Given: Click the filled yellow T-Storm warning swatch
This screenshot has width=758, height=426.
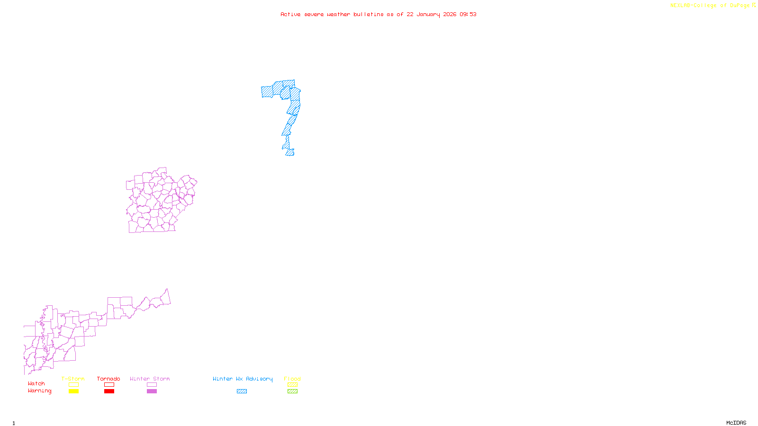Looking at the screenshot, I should [73, 391].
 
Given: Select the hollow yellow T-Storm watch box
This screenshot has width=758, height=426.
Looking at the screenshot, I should [73, 385].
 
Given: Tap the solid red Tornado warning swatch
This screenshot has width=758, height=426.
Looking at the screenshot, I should [109, 391].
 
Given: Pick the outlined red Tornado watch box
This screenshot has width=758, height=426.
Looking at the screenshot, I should [109, 385].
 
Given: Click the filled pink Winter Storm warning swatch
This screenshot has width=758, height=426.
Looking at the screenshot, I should [152, 391].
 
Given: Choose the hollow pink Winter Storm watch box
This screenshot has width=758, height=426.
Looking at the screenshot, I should [152, 385].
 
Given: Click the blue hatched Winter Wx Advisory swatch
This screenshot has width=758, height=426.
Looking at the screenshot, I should [242, 391].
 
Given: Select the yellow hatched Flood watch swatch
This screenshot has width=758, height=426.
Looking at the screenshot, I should [292, 385].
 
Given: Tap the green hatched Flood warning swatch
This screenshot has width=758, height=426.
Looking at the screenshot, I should [292, 391].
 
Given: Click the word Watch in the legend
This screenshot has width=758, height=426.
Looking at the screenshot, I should [36, 384].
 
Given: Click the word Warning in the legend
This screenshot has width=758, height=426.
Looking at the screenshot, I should [39, 391].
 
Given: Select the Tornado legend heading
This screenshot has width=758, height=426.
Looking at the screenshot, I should [108, 379].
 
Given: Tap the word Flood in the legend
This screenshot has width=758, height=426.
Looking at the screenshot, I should [292, 379].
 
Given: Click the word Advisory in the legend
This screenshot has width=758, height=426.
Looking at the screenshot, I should [259, 379].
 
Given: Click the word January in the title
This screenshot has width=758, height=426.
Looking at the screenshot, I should [428, 14].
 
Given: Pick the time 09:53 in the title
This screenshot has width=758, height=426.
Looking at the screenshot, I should [468, 14].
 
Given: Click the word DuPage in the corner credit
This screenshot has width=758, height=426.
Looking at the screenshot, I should [740, 6].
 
